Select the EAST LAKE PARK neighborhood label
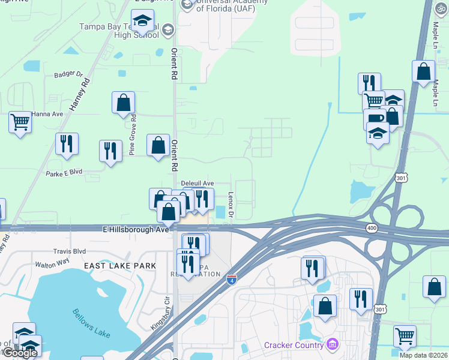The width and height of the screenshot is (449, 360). click(x=120, y=265)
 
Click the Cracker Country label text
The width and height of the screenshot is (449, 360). click(x=293, y=345)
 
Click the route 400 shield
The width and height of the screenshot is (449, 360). click(x=372, y=228)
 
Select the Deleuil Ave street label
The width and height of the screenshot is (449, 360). click(x=197, y=184)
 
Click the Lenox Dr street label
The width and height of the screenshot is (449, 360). click(x=231, y=205)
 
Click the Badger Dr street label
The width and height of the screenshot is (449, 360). click(x=68, y=74)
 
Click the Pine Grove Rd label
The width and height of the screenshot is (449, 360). click(x=133, y=135)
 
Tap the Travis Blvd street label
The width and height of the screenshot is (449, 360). click(x=70, y=251)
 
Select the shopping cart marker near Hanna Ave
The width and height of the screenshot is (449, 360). click(x=20, y=122)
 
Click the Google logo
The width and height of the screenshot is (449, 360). click(x=20, y=352)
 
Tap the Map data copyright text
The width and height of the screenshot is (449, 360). click(x=424, y=355)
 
